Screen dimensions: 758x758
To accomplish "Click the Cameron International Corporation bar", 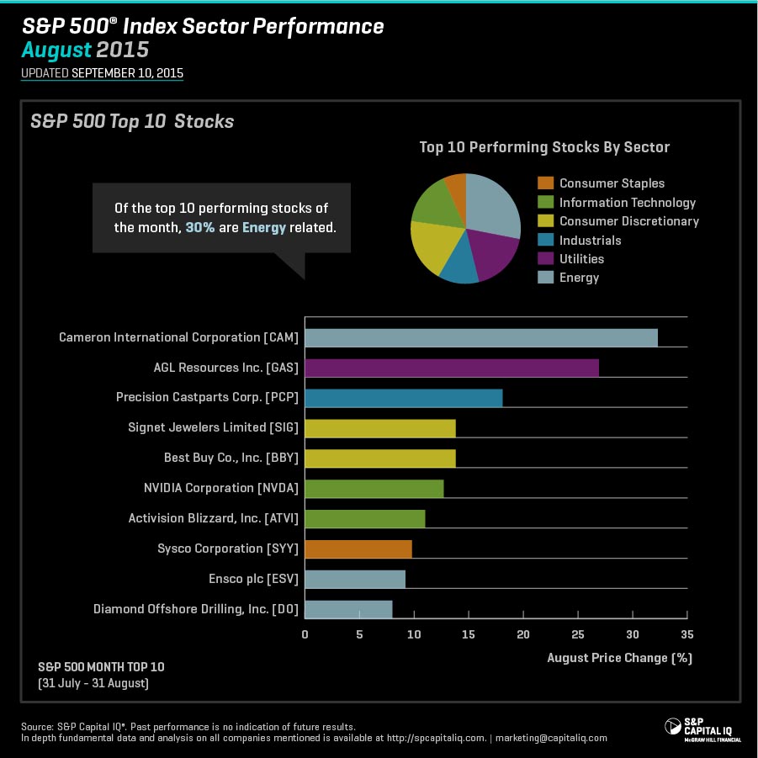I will (x=480, y=337).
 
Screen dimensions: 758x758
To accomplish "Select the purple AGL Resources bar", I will (x=451, y=368).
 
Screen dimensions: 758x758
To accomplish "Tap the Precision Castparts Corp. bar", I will (x=403, y=398).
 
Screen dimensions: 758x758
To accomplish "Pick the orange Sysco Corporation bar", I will (x=358, y=549).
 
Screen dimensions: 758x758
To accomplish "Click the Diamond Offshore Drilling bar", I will (x=348, y=609).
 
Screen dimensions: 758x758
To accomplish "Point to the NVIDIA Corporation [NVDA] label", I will (x=221, y=488).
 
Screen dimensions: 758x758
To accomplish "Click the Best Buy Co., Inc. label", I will (x=231, y=459).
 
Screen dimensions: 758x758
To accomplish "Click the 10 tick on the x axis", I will (x=414, y=635).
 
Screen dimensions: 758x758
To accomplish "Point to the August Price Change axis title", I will (x=619, y=658).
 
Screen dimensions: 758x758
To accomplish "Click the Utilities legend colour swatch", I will (x=545, y=259).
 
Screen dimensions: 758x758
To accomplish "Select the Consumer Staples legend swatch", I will (x=545, y=183).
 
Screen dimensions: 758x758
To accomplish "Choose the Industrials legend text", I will (x=590, y=241).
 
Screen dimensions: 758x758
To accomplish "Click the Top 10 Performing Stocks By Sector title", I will (x=544, y=147).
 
